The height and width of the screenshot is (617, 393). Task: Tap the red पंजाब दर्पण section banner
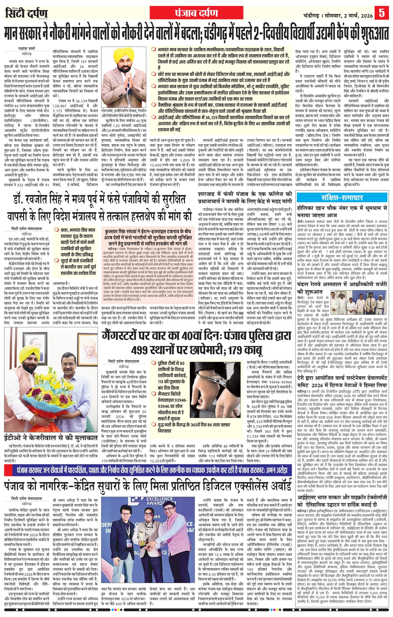(196, 13)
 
